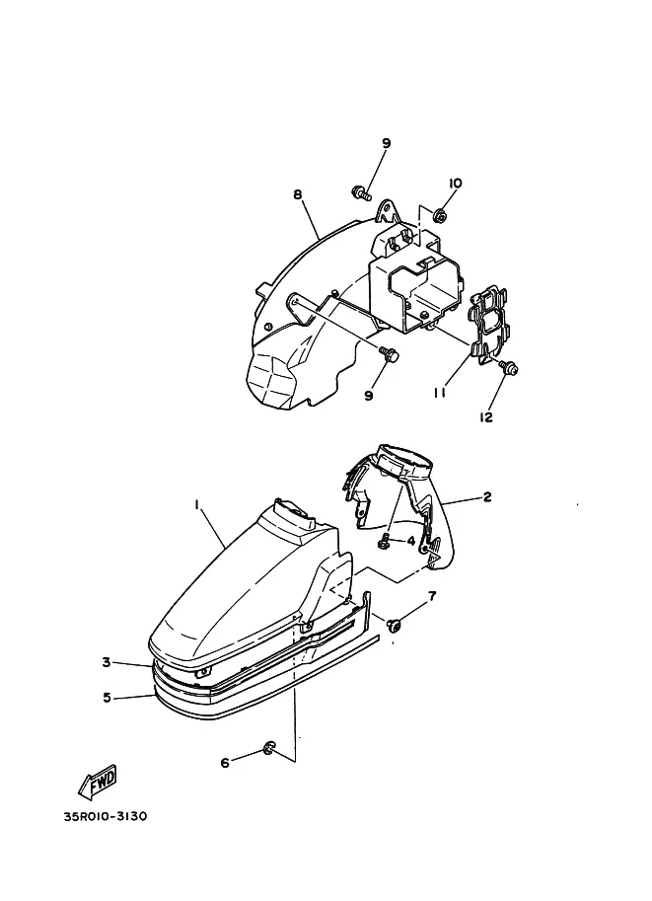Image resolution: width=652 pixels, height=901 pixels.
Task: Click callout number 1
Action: [x=197, y=504]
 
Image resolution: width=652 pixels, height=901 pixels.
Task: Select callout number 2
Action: [x=487, y=497]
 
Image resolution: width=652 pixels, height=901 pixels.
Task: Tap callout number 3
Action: [x=107, y=662]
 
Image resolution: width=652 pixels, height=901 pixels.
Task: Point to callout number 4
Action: [x=411, y=540]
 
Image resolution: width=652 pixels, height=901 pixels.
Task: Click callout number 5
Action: [x=107, y=697]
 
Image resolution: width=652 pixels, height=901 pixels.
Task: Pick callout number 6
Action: [x=224, y=762]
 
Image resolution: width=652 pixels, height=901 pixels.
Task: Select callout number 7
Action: [x=431, y=595]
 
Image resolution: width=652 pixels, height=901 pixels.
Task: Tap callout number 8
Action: [x=298, y=194]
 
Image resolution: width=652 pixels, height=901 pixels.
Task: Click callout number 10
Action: [x=455, y=184]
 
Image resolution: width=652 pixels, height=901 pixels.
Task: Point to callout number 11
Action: [x=441, y=392]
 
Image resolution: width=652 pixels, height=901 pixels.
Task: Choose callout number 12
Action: [x=485, y=417]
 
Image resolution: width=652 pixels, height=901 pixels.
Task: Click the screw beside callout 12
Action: [x=511, y=369]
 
